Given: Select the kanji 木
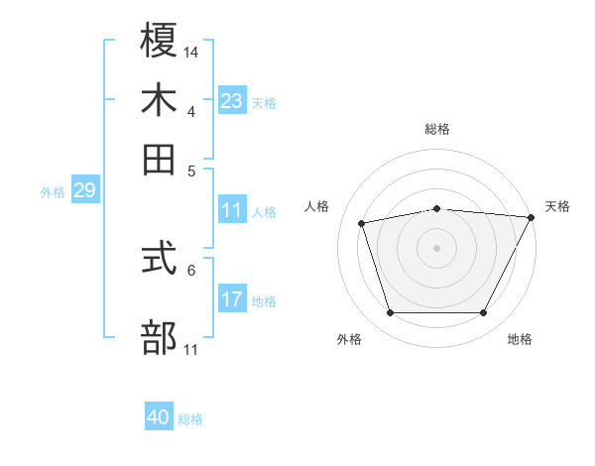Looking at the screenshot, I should (x=159, y=101).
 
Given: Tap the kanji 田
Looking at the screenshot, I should (x=159, y=158).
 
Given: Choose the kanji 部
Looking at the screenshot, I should (x=159, y=336).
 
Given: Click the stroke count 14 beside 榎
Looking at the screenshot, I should (x=191, y=52).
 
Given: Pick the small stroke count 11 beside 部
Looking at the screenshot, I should (x=191, y=349).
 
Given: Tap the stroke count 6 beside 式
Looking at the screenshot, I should (x=191, y=269).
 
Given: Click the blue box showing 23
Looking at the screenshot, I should (x=232, y=101).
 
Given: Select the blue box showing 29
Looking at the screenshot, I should (x=84, y=191).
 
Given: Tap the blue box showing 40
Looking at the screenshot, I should (x=159, y=417).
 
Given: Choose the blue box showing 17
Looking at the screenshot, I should (x=232, y=299).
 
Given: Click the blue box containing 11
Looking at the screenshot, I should (x=232, y=210).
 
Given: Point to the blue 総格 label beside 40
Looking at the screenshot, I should (x=190, y=419).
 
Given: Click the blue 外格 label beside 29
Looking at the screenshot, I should (x=52, y=192).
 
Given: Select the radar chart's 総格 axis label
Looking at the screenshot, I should (x=437, y=129).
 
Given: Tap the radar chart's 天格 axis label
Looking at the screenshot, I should (x=557, y=206).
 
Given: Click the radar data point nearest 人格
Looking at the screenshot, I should (x=362, y=222).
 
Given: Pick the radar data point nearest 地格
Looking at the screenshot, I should (x=483, y=313).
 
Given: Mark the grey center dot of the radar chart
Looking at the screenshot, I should (x=436, y=247).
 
